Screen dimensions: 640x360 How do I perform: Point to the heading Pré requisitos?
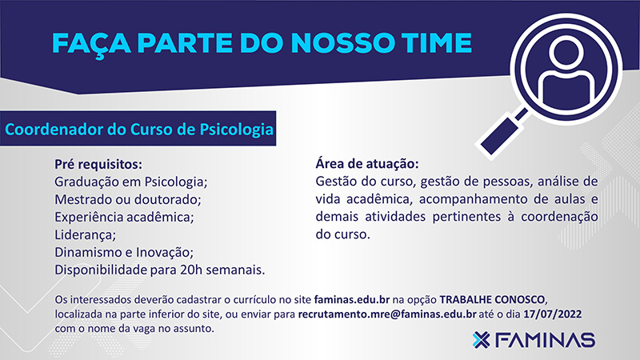[98, 165]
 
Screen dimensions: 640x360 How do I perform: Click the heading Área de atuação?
[367, 164]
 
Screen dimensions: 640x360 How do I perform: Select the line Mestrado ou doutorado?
[128, 199]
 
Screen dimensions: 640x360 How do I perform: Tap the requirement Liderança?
[86, 234]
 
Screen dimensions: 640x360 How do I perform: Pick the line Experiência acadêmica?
[125, 217]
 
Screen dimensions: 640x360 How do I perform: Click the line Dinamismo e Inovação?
[124, 252]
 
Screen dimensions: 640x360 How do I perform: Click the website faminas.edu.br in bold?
[352, 300]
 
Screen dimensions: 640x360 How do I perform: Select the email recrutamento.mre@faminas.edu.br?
[387, 314]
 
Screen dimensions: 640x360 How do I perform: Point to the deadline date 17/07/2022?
[553, 314]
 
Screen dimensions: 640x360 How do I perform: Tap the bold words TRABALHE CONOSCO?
[492, 300]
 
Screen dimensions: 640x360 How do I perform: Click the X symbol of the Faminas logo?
[482, 340]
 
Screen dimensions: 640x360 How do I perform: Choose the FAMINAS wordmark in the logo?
[545, 340]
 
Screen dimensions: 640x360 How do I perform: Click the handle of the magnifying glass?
[503, 134]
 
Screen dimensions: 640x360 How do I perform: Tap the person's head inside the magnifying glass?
[566, 52]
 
